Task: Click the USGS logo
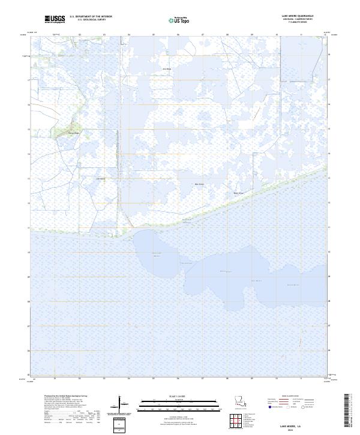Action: [x=55, y=19]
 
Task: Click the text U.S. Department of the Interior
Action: [x=91, y=17]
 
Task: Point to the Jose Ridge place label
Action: [x=167, y=69]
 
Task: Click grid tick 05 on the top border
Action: [x=154, y=35]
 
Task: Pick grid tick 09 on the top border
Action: [x=252, y=35]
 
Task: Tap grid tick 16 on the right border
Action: [x=329, y=104]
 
